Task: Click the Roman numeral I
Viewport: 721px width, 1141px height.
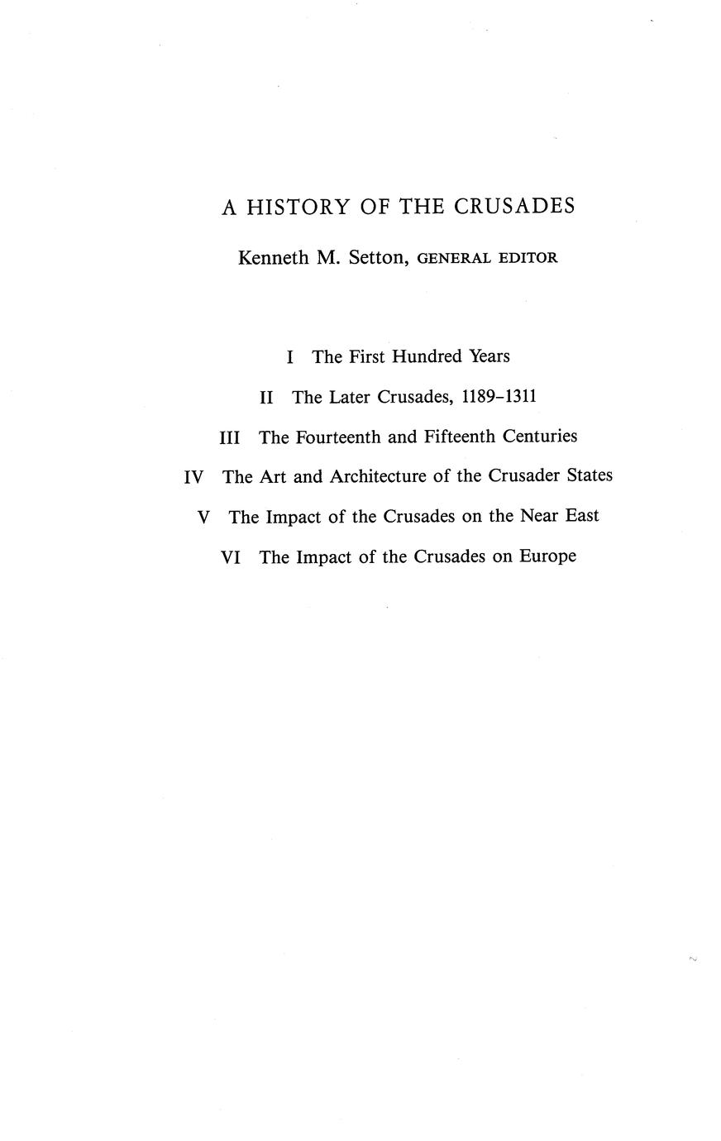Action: coord(289,357)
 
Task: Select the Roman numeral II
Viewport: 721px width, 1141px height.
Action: coord(266,398)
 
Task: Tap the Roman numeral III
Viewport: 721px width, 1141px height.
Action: coord(230,437)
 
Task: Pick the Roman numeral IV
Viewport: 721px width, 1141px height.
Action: coord(193,477)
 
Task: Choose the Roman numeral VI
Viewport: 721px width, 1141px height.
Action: coord(232,558)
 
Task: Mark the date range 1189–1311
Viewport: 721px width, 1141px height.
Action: coord(499,398)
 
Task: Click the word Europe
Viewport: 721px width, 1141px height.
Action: coord(547,558)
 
